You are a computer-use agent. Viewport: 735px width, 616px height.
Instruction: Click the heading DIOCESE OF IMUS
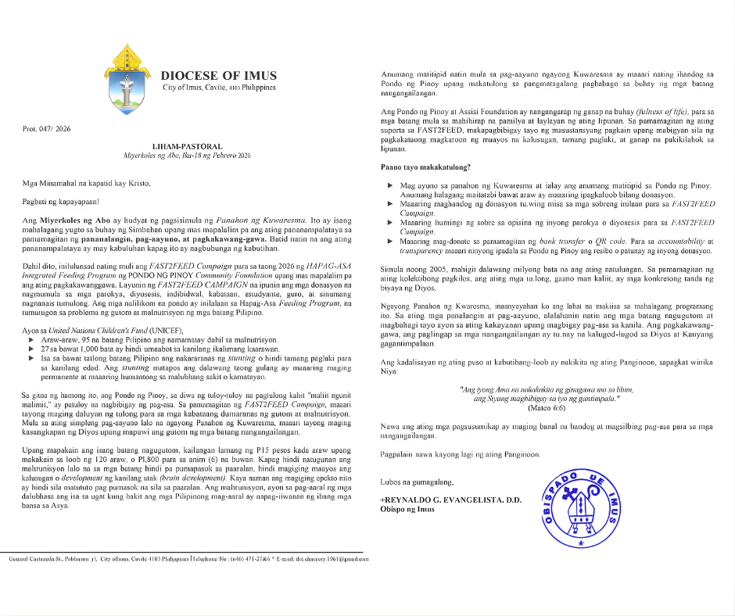[x=219, y=76]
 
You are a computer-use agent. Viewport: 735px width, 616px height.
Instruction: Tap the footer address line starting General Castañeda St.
[x=188, y=560]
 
